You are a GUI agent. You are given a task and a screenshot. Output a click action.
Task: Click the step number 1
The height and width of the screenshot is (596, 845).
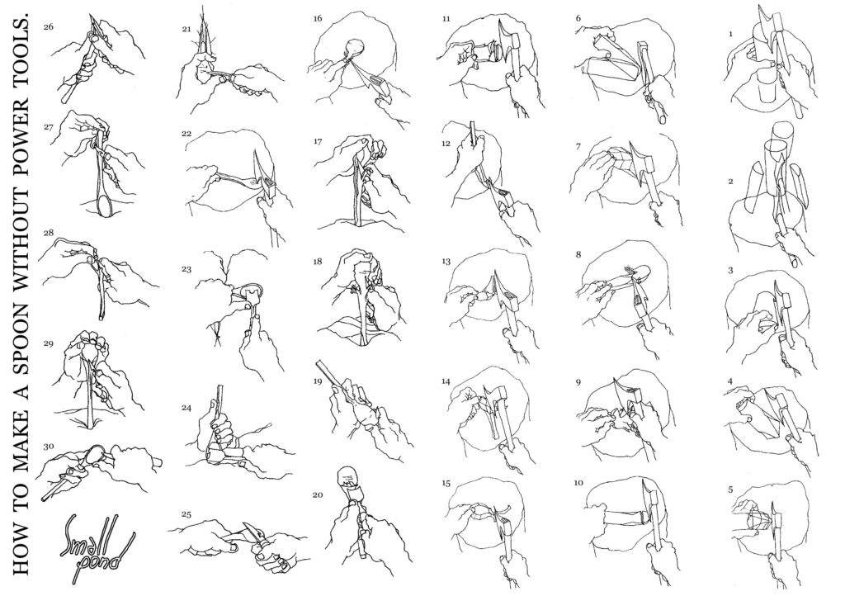pos(730,33)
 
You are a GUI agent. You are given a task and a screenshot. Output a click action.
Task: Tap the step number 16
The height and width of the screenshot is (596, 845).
pos(318,19)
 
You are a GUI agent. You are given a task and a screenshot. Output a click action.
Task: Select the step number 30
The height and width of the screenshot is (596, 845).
pos(49,447)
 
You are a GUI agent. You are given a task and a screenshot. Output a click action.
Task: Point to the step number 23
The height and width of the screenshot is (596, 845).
pos(186,269)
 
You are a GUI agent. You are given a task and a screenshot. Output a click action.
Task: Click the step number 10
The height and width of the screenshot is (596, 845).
pos(578,483)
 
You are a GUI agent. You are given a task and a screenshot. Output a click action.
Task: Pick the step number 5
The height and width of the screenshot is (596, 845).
pos(730,490)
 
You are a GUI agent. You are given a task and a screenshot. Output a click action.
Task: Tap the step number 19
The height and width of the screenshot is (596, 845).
pos(318,381)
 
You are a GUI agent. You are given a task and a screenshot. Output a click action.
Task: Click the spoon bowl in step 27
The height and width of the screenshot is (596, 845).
pos(105,206)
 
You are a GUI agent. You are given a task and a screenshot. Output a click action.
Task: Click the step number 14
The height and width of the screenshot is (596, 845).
pos(446,381)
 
